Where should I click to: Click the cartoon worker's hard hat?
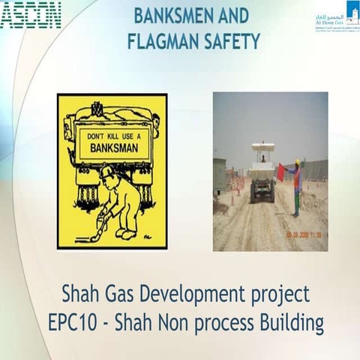tap(107, 172)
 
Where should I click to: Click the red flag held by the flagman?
tap(280, 172)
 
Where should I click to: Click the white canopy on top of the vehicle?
tap(262, 147)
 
